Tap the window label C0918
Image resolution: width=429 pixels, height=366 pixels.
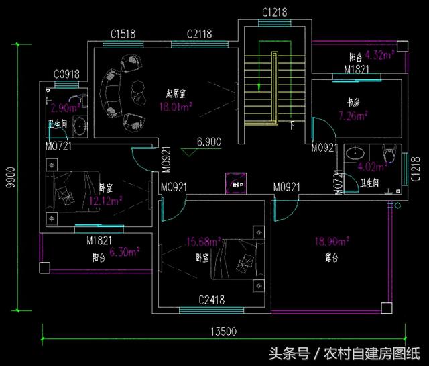[67, 75]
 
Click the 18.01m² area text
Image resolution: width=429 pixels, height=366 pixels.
[176, 106]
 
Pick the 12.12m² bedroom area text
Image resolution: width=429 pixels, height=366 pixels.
[106, 200]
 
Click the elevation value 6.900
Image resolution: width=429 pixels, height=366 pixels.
[209, 142]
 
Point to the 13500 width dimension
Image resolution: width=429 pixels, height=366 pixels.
[223, 331]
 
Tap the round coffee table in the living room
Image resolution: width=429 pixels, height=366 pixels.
[137, 87]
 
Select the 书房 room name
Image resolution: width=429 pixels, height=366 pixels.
[353, 103]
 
